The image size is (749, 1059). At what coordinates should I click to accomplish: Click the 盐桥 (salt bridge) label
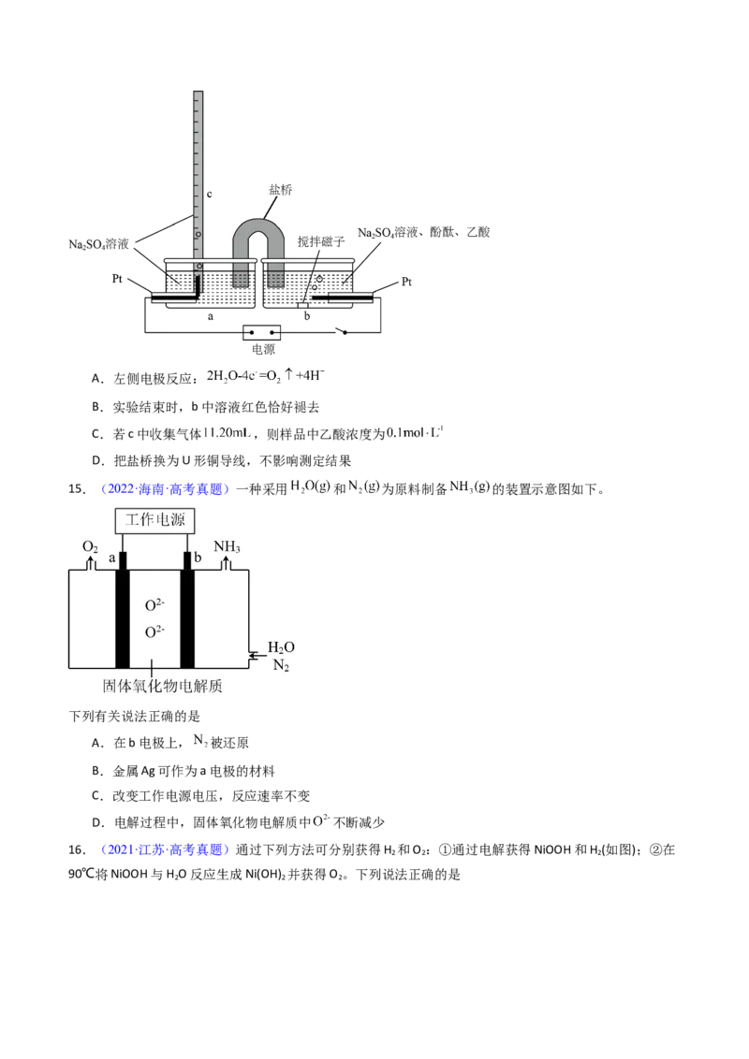281,190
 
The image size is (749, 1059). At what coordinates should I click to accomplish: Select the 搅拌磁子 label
321,241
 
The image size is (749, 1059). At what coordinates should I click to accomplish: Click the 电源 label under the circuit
264,349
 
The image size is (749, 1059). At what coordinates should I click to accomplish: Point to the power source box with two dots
261,332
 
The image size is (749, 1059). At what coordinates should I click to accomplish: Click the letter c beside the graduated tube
210,195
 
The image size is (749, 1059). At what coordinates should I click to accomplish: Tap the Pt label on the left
117,278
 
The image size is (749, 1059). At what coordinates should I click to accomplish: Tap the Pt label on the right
406,282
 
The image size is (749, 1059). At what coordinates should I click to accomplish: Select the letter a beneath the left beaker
211,316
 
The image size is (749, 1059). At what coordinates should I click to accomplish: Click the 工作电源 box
154,519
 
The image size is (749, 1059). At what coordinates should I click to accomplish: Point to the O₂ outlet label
90,546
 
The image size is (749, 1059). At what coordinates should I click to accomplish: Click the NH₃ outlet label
228,546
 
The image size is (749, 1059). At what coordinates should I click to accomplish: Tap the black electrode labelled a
122,610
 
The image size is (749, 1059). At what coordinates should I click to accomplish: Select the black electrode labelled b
187,610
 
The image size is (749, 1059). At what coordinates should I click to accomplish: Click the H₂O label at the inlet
281,647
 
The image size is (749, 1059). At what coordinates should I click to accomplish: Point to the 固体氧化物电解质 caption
162,686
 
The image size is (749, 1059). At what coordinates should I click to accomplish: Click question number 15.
77,489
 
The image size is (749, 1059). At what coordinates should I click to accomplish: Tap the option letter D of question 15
98,822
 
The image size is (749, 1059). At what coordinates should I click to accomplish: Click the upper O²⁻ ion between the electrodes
154,605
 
